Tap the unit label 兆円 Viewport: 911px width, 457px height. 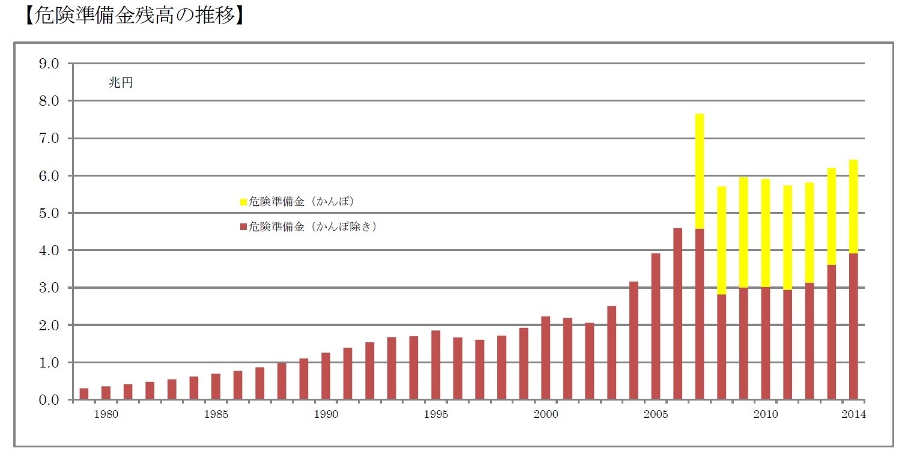pyautogui.click(x=120, y=83)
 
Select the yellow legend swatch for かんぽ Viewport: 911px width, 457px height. pyautogui.click(x=243, y=202)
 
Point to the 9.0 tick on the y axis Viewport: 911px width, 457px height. pyautogui.click(x=49, y=64)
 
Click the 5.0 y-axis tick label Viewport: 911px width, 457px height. pyautogui.click(x=49, y=213)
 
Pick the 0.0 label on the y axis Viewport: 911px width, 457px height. pyautogui.click(x=49, y=400)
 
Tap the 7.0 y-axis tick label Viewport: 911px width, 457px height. pyautogui.click(x=49, y=139)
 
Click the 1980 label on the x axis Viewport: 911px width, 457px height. pyautogui.click(x=106, y=414)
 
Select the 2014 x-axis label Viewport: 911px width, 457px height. pyautogui.click(x=853, y=414)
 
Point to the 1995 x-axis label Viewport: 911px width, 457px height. pyautogui.click(x=435, y=414)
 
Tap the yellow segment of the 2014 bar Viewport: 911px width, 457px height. pyautogui.click(x=853, y=207)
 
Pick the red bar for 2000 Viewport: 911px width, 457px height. pyautogui.click(x=545, y=358)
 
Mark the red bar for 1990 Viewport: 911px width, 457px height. pyautogui.click(x=325, y=376)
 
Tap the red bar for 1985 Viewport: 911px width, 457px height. pyautogui.click(x=216, y=387)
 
